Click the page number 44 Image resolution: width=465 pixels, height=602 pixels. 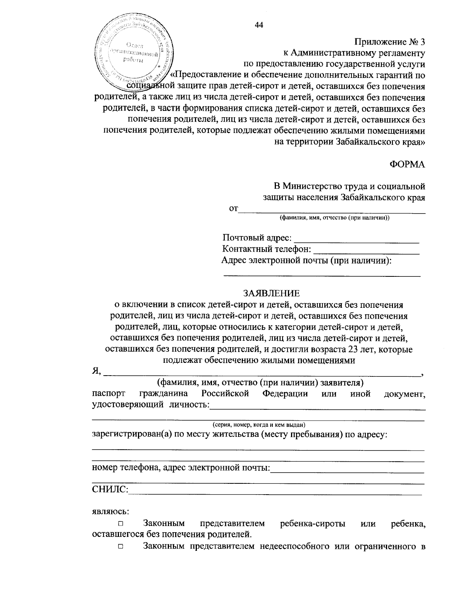259,25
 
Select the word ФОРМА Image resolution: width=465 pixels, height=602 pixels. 407,164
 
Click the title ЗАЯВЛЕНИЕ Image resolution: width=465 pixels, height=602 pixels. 271,293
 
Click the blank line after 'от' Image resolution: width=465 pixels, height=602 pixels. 332,211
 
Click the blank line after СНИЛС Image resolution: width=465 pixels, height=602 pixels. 275,492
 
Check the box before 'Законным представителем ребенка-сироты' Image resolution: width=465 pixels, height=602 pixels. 121,524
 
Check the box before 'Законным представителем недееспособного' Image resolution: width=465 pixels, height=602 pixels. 121,547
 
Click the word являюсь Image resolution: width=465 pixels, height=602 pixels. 110,511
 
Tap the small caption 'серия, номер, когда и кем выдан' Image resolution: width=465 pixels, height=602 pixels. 258,424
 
